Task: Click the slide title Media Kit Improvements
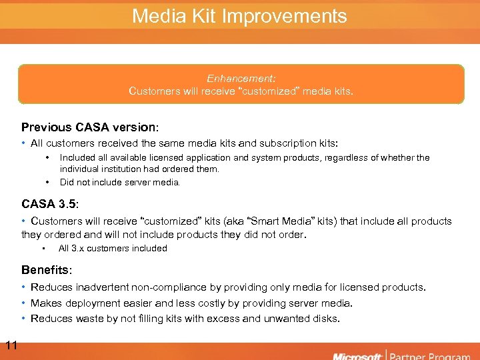click(239, 16)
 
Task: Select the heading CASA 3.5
click(49, 203)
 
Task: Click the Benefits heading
click(45, 270)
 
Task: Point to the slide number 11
click(11, 345)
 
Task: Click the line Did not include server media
click(120, 182)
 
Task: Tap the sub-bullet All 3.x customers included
click(113, 249)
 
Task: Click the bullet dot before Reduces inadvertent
click(24, 287)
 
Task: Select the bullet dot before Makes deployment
click(24, 303)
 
